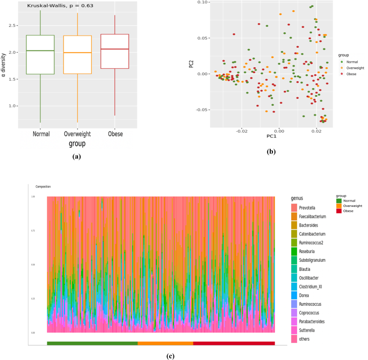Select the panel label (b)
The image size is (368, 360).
272,153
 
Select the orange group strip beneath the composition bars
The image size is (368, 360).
165,343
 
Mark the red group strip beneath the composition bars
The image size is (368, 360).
234,343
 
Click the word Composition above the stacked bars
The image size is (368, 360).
43,186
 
